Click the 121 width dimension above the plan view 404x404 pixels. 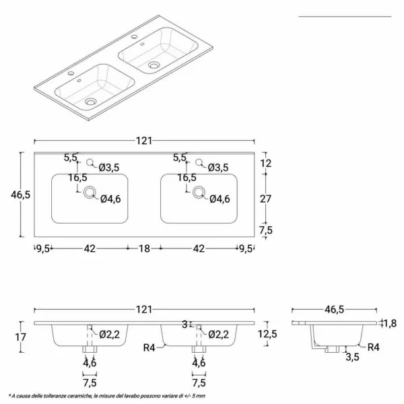[x=144, y=141]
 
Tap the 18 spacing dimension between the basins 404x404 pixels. [x=144, y=248]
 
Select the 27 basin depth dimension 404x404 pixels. [x=266, y=199]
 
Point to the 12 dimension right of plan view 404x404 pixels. [x=266, y=163]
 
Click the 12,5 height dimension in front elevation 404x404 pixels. [x=268, y=334]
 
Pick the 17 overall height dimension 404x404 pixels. [x=21, y=337]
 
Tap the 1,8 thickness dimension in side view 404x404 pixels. [x=390, y=323]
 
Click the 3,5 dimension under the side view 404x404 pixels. [x=352, y=357]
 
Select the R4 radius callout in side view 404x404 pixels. [x=373, y=347]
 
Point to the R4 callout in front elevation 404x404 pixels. [x=149, y=348]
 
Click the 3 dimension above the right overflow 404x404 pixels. [x=184, y=325]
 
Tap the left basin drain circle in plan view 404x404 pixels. [x=90, y=193]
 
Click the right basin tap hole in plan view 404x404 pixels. [x=199, y=162]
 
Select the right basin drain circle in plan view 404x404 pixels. [x=199, y=193]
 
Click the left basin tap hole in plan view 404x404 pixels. [x=90, y=162]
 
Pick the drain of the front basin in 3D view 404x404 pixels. [x=90, y=102]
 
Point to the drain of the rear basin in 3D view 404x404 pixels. [x=154, y=65]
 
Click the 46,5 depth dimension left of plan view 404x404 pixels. [x=21, y=195]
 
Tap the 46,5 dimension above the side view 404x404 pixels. [x=334, y=310]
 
